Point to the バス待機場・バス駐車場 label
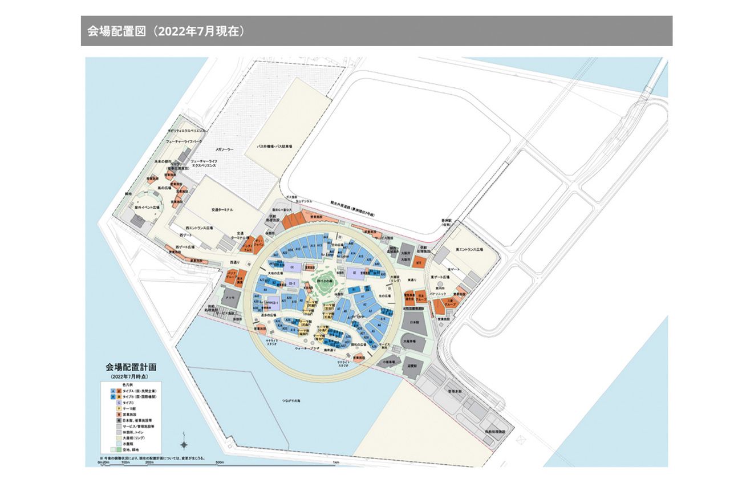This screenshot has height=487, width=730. coord(274,147)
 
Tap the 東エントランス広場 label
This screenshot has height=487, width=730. coord(470,250)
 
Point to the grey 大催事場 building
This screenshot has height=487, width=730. coord(410,340)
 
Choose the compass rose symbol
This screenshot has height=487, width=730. coord(184,445)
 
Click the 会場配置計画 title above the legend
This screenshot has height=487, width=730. coord(131,368)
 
